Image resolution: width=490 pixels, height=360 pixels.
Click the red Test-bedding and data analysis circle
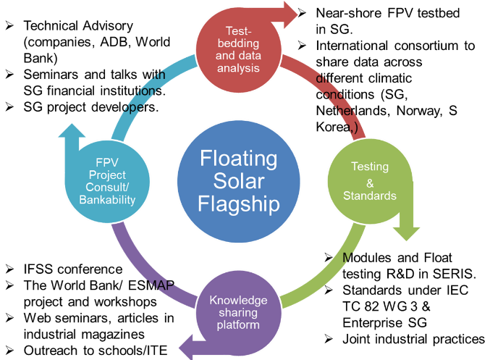(x=237, y=49)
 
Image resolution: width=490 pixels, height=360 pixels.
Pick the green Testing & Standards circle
(x=369, y=181)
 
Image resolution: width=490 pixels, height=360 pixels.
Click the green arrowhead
(x=406, y=230)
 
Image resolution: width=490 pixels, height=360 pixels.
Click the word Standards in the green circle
(x=369, y=196)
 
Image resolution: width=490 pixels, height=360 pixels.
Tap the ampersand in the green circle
(x=369, y=181)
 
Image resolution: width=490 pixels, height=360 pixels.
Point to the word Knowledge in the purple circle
(x=238, y=300)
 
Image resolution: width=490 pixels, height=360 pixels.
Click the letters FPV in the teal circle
(x=106, y=162)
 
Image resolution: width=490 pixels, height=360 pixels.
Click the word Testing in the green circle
(x=369, y=167)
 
